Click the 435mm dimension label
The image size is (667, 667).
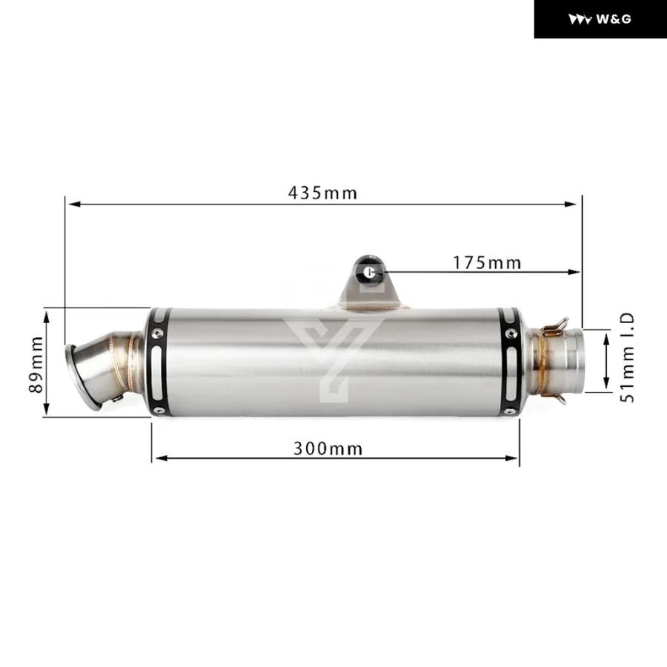[322, 193]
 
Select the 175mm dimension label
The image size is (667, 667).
[487, 263]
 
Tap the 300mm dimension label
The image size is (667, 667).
[328, 449]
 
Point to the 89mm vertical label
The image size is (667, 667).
[36, 365]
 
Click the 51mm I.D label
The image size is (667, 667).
[628, 357]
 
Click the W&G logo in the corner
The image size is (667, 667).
[600, 19]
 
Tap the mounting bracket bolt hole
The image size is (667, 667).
[370, 271]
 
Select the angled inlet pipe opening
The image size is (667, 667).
[82, 376]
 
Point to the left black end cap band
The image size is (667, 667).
[159, 362]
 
